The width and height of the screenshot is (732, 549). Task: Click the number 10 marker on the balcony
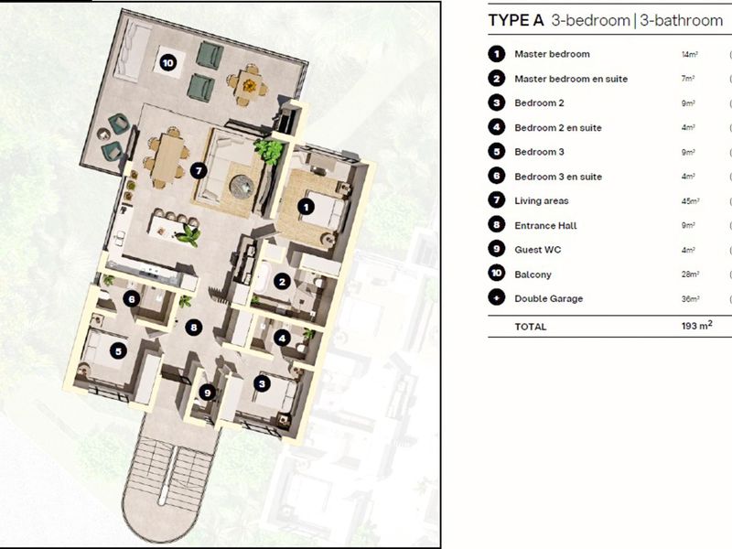(x=167, y=62)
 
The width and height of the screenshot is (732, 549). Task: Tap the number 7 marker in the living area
(x=199, y=170)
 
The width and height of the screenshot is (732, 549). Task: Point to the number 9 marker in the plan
(x=208, y=393)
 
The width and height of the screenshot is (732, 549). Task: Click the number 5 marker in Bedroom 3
(x=117, y=349)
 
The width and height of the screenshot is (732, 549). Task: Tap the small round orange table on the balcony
(x=248, y=83)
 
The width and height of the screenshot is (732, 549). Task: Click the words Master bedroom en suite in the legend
(x=571, y=79)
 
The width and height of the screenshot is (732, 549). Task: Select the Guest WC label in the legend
(x=537, y=250)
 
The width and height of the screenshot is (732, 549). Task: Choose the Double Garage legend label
(x=548, y=298)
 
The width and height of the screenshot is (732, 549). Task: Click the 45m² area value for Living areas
(x=691, y=201)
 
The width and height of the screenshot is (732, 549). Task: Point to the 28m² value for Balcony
(x=691, y=274)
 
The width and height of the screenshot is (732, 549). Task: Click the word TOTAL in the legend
(x=531, y=327)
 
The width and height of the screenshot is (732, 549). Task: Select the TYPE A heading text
(x=517, y=21)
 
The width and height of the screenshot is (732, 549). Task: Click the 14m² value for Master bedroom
(x=689, y=55)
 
